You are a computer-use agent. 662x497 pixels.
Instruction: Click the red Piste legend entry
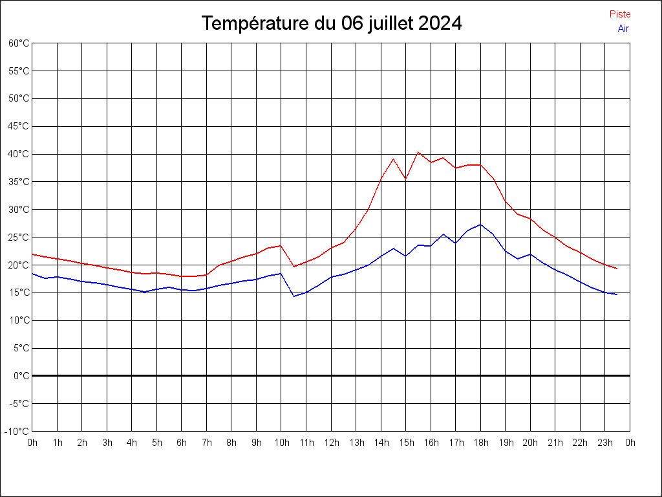tap(619, 14)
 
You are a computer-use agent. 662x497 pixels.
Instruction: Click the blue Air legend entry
tap(623, 28)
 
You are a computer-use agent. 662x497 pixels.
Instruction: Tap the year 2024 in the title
tap(440, 24)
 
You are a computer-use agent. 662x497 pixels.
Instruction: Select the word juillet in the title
tap(390, 24)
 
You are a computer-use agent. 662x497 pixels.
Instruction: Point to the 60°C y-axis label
tap(19, 43)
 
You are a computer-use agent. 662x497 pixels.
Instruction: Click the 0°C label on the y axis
tap(21, 375)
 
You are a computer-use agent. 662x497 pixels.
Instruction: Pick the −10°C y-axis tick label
tap(17, 431)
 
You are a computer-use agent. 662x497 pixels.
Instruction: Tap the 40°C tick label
tap(19, 154)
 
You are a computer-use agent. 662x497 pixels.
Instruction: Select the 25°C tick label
tap(19, 237)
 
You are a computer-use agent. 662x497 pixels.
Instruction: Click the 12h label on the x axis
tap(331, 443)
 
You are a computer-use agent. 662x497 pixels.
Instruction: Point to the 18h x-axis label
tap(480, 443)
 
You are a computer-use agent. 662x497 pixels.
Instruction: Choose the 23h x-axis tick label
tap(605, 443)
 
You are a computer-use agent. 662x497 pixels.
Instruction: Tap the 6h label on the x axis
tap(182, 443)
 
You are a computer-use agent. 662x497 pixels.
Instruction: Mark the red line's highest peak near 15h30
tap(418, 152)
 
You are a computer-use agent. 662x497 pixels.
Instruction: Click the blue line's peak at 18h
tap(480, 225)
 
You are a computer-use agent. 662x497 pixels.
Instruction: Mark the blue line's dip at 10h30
tap(294, 296)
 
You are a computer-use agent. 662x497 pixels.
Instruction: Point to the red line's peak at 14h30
tap(393, 159)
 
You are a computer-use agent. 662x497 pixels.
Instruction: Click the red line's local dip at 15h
tap(405, 179)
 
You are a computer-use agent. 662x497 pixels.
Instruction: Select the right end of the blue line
tap(617, 294)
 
